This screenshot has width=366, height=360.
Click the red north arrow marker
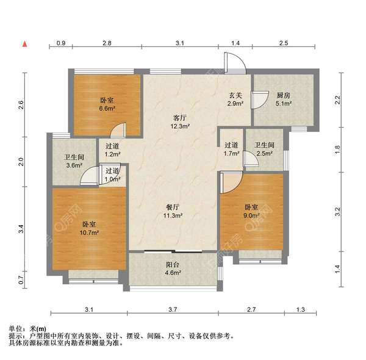25,44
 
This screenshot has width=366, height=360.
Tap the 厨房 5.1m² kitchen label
284,99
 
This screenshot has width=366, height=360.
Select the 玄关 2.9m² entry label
235,99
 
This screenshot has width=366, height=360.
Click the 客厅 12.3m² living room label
180,122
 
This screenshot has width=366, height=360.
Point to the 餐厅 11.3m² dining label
173,211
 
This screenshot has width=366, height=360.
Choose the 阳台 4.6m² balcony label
173,268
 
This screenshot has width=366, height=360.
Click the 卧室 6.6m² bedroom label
107,104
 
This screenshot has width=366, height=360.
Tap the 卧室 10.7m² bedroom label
89,228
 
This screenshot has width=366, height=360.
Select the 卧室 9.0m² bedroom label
251,211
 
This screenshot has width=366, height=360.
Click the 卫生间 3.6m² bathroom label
74,161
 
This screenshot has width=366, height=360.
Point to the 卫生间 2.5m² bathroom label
264,149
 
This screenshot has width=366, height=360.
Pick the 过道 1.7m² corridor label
232,149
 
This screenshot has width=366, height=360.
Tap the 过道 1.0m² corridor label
112,175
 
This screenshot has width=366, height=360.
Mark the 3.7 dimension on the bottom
173,309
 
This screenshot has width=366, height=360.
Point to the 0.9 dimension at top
61,43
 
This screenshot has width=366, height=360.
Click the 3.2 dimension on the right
338,212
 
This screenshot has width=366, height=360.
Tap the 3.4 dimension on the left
21,229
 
